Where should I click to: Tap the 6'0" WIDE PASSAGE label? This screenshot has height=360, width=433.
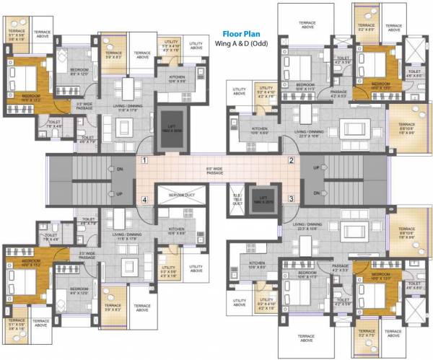[216, 171]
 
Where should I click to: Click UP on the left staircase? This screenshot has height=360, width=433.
[120, 194]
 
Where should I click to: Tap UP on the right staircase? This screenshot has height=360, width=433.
[316, 168]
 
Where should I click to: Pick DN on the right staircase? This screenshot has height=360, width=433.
[316, 194]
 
